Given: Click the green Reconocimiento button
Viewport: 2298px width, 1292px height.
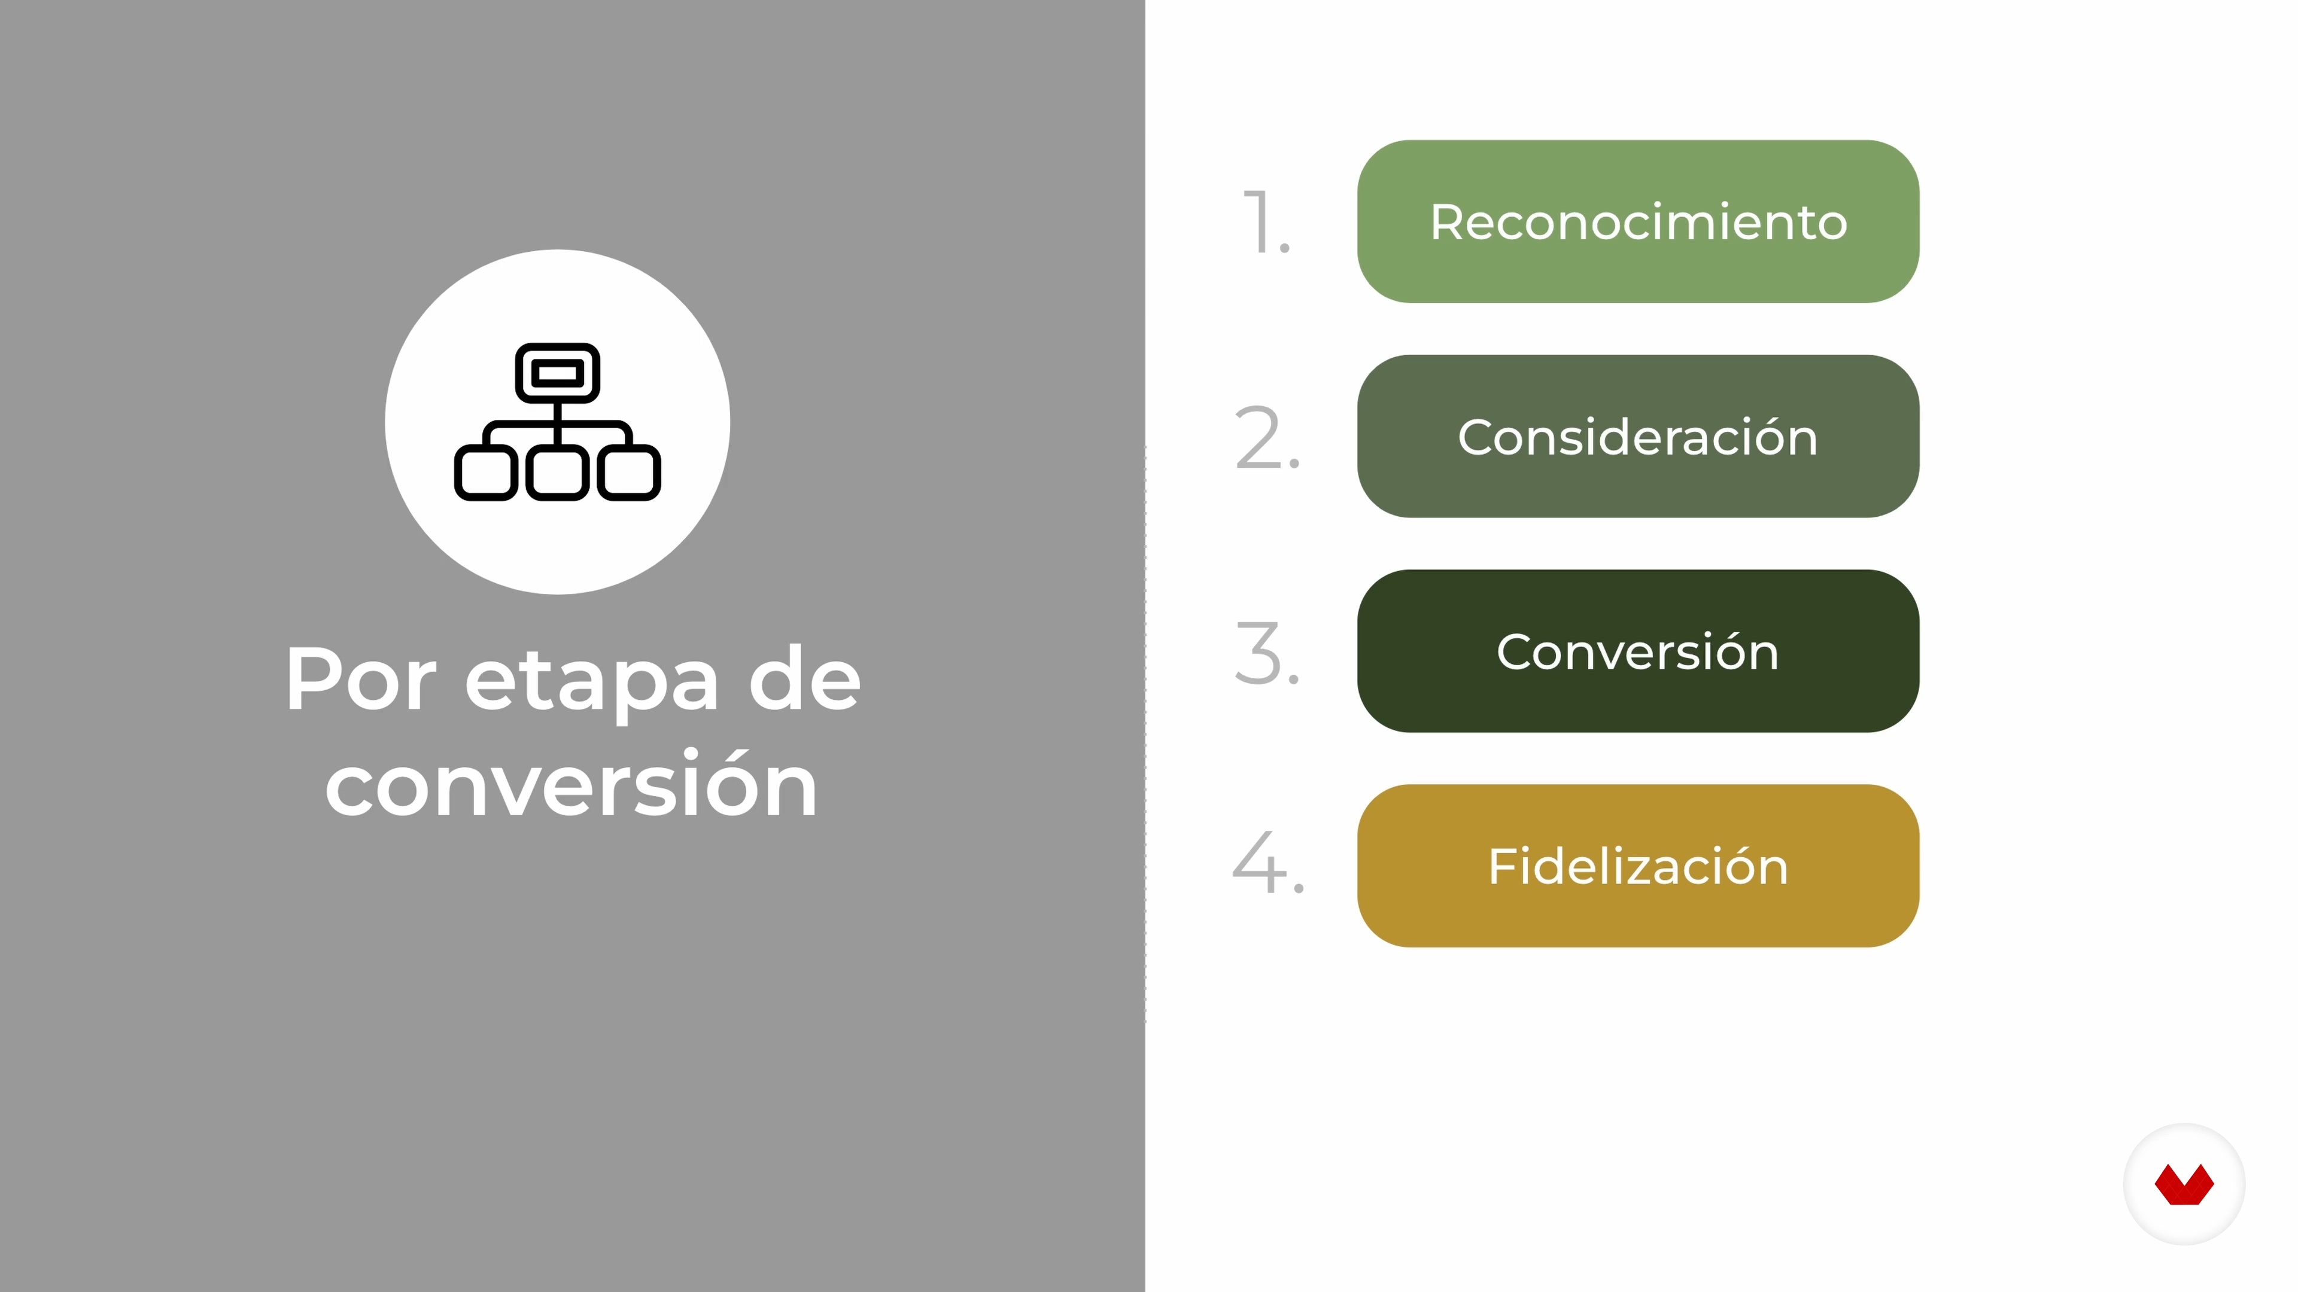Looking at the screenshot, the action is pos(1638,221).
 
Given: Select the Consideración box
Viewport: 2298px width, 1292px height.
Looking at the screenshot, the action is pos(1638,436).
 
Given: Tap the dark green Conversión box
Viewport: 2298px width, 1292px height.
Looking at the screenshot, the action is pos(1638,651).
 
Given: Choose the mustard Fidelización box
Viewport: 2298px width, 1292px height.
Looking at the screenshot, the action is pos(1638,866).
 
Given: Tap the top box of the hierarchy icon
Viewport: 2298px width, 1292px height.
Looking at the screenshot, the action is pos(558,373).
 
